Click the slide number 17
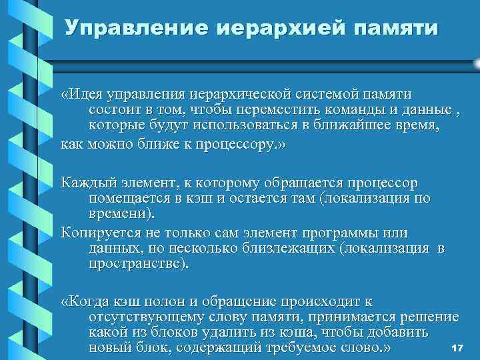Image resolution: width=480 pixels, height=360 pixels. [x=457, y=349]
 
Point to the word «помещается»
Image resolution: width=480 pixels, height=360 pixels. [x=125, y=197]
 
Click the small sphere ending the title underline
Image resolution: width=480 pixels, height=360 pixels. [x=475, y=63]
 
